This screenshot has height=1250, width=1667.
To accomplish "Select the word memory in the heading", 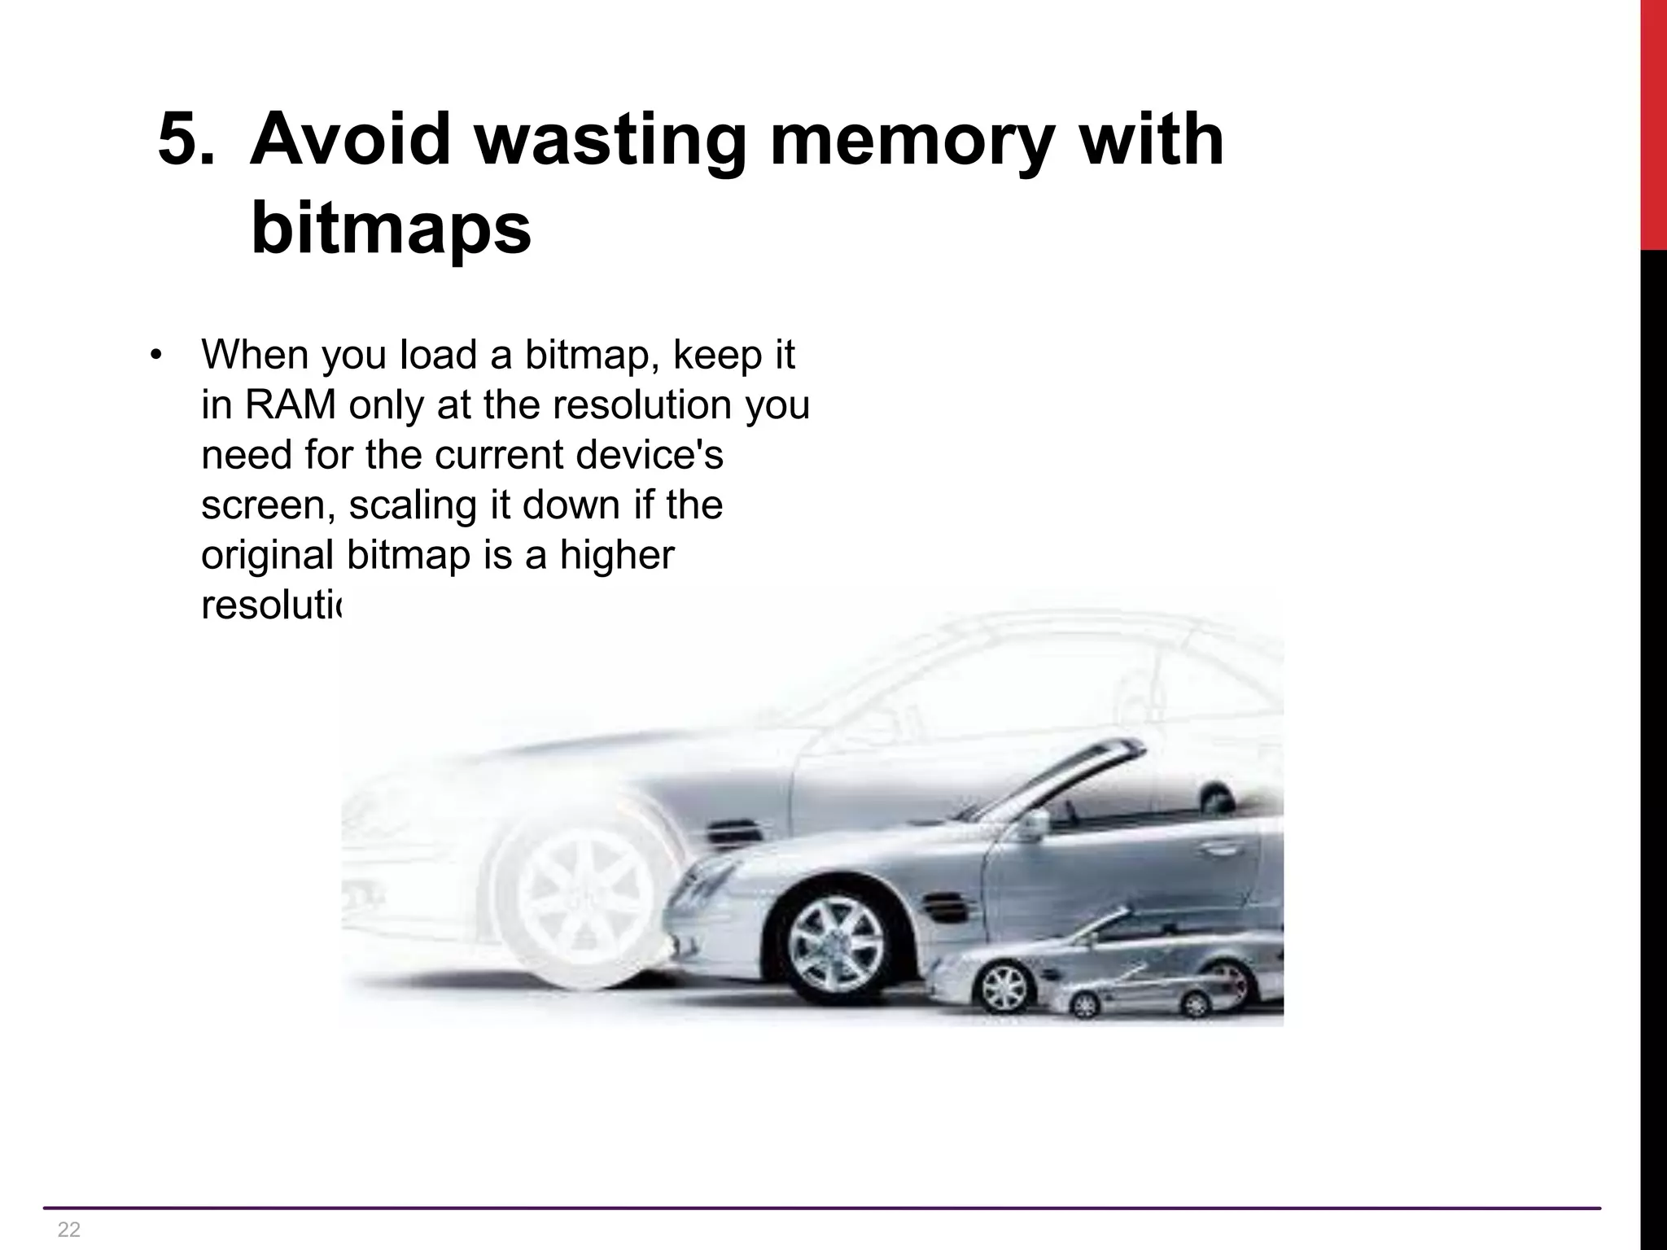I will pos(904,141).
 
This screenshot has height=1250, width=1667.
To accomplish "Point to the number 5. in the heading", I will pos(187,139).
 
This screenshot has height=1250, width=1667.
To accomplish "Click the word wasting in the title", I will pos(610,141).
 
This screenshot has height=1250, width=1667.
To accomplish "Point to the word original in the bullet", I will pos(268,557).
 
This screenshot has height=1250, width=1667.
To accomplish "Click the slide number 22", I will pos(69,1229).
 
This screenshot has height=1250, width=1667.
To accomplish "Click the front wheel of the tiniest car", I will pos(1085,1006).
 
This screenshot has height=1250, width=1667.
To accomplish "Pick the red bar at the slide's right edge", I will pos(1653,122).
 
